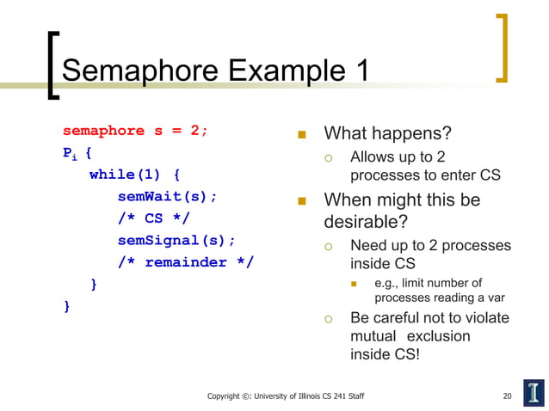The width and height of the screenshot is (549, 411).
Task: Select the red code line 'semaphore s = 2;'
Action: (x=135, y=132)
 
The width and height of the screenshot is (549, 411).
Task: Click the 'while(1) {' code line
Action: (x=134, y=175)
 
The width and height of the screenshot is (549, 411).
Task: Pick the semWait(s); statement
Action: (x=167, y=196)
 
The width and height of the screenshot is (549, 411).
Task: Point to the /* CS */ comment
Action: (x=153, y=218)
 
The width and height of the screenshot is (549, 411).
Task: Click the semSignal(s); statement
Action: (x=176, y=240)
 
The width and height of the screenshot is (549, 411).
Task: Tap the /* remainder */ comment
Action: (x=186, y=262)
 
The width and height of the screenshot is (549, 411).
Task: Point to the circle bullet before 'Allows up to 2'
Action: (x=328, y=158)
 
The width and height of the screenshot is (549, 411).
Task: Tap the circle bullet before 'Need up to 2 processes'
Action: (x=328, y=247)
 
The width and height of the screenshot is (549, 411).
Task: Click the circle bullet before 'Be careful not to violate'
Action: (x=328, y=319)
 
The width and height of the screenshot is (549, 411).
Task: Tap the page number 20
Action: (x=507, y=396)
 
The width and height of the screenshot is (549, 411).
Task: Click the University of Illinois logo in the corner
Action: (x=533, y=392)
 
